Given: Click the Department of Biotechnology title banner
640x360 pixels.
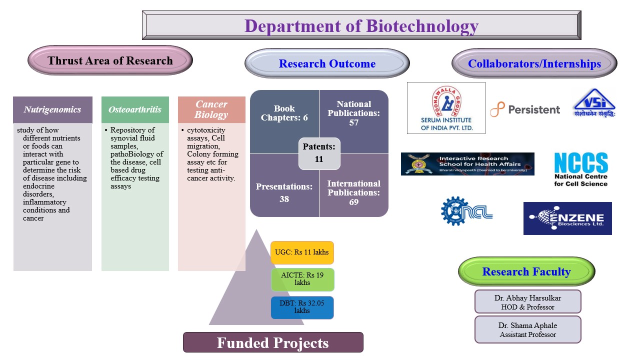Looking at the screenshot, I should pyautogui.click(x=361, y=25).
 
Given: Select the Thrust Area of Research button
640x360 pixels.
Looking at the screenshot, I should pyautogui.click(x=110, y=61).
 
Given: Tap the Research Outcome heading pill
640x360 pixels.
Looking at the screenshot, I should pyautogui.click(x=327, y=63).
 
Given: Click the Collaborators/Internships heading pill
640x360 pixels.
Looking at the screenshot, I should pyautogui.click(x=534, y=63).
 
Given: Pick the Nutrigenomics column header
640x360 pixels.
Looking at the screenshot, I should pyautogui.click(x=52, y=109).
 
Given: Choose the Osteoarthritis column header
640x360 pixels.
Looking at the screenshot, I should pyautogui.click(x=135, y=109).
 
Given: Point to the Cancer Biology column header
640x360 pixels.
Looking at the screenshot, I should pyautogui.click(x=211, y=109).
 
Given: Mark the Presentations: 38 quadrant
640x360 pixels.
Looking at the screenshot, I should pyautogui.click(x=284, y=192).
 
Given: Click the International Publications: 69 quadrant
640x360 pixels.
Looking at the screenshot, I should pyautogui.click(x=354, y=192).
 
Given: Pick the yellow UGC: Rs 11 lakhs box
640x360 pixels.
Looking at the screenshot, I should pyautogui.click(x=302, y=252).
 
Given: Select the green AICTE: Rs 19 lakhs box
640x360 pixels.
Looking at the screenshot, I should pyautogui.click(x=302, y=279).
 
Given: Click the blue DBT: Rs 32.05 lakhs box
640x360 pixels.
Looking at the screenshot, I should pyautogui.click(x=302, y=307).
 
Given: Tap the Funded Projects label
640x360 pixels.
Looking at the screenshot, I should pyautogui.click(x=273, y=342).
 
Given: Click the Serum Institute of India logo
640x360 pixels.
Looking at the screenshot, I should pyautogui.click(x=446, y=108).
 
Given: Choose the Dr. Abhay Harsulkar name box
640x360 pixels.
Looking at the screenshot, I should pyautogui.click(x=527, y=302).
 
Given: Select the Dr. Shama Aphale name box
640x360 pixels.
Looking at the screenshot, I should pyautogui.click(x=527, y=329).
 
